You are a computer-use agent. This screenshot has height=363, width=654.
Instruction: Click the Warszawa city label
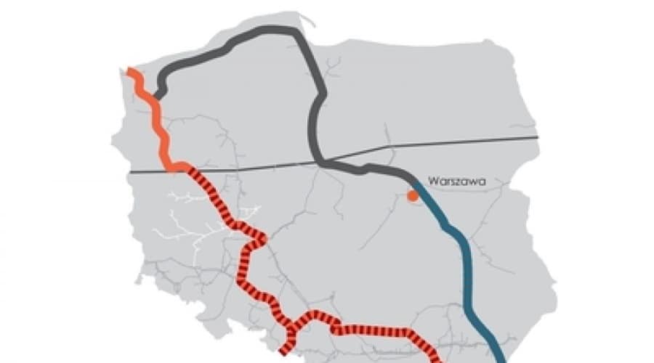point(456,181)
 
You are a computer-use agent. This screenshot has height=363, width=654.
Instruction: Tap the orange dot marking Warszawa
point(412,195)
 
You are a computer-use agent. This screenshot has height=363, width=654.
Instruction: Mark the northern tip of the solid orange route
point(129,70)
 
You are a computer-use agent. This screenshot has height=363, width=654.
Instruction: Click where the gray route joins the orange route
point(157,95)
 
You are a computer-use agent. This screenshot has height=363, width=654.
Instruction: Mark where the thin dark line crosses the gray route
point(323,160)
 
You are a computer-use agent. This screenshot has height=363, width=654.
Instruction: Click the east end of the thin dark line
point(537,136)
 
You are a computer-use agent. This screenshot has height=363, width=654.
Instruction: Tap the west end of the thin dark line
point(131,172)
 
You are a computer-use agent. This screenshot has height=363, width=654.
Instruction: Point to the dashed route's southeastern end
point(438,357)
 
